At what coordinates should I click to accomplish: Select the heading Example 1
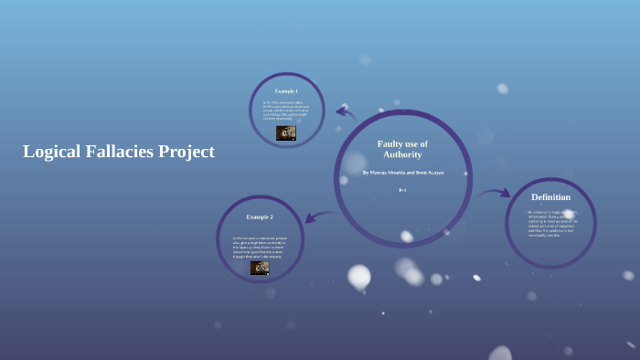[286, 91]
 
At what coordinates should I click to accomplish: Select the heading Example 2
[260, 217]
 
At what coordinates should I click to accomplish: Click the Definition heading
[550, 196]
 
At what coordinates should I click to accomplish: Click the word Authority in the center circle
[402, 154]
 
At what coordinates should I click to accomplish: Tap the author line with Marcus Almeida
[403, 172]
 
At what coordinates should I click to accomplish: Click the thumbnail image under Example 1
[286, 132]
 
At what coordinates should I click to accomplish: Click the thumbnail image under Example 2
[260, 268]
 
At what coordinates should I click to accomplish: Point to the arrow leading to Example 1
[346, 112]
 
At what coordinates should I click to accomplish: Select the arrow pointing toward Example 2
[318, 217]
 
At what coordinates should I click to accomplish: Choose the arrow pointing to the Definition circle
[494, 193]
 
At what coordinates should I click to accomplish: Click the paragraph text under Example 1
[286, 110]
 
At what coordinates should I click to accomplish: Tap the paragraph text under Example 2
[259, 247]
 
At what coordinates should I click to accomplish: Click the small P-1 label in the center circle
[402, 190]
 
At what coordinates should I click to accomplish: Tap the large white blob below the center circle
[359, 275]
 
